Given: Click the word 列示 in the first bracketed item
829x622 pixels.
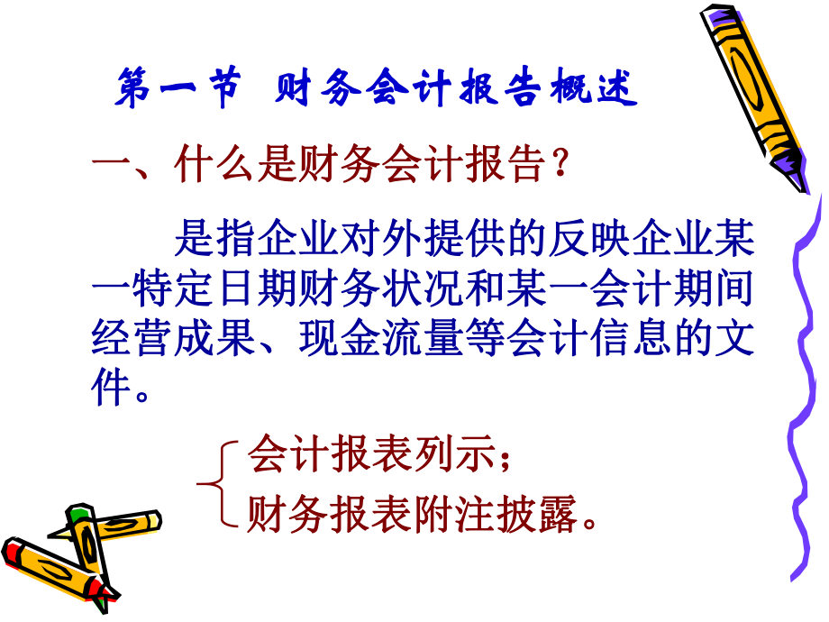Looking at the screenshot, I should coord(458,455).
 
